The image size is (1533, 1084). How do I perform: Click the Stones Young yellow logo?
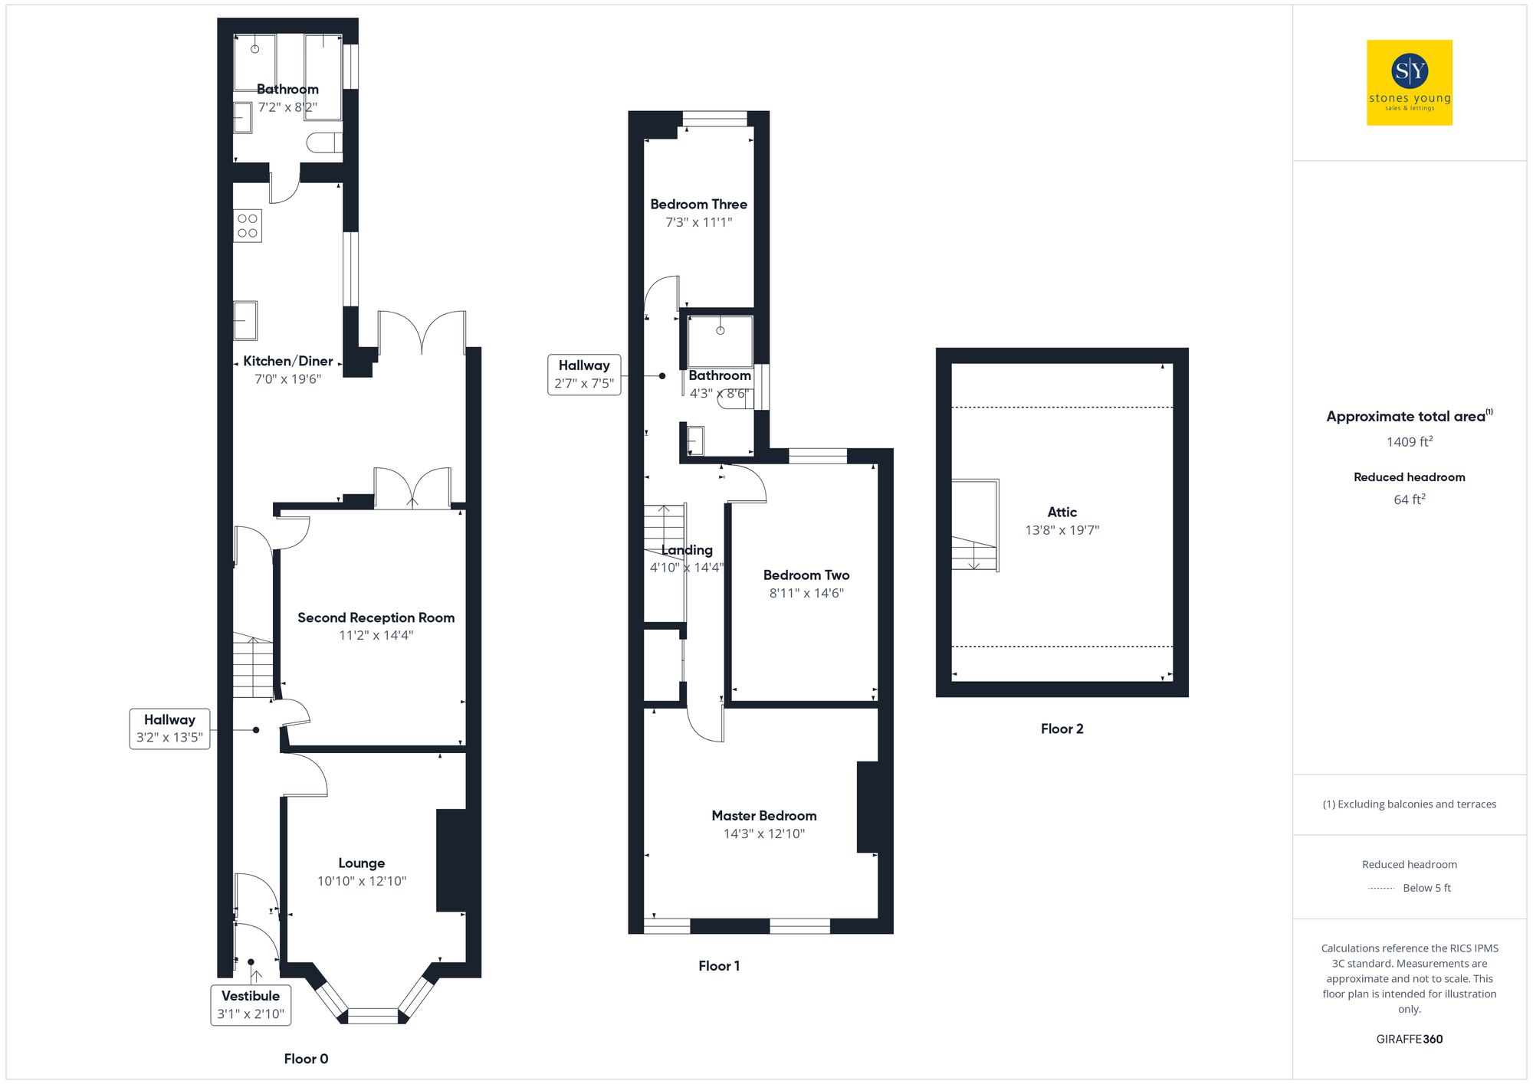(x=1409, y=83)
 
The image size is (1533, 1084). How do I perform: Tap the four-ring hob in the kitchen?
(x=248, y=226)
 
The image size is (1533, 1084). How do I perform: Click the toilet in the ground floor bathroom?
(x=323, y=142)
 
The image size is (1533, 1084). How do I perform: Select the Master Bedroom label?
(x=763, y=816)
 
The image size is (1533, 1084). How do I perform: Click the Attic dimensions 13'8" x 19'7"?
(x=1062, y=530)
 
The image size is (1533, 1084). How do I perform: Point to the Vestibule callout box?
(x=251, y=1004)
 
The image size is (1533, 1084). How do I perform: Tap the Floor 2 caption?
(x=1062, y=729)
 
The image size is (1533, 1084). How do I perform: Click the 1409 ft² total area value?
(x=1409, y=442)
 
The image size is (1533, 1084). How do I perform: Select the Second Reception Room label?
(x=376, y=617)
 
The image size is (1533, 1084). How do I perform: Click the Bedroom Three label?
(x=698, y=205)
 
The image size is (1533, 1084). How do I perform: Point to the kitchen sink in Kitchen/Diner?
(x=245, y=320)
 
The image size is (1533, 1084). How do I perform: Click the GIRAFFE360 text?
(x=1409, y=1039)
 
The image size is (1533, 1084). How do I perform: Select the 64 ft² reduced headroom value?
(x=1409, y=499)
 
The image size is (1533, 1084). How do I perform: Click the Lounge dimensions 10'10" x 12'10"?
(x=362, y=881)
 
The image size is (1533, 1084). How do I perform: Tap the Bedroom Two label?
(x=806, y=575)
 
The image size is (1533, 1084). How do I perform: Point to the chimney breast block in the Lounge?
(x=452, y=860)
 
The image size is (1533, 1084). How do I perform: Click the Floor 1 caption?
(x=718, y=966)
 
